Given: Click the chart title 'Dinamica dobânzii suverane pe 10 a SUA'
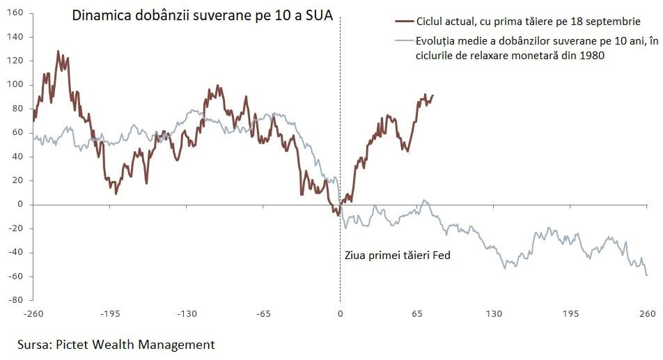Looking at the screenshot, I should pyautogui.click(x=203, y=16).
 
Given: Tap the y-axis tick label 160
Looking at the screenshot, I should pyautogui.click(x=15, y=13).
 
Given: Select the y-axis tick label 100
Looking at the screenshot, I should pyautogui.click(x=15, y=85).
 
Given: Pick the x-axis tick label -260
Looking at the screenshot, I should pyautogui.click(x=33, y=314).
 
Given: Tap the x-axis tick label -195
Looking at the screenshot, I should pyautogui.click(x=110, y=314).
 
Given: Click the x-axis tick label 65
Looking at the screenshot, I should pyautogui.click(x=416, y=314).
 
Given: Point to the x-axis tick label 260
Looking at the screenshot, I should pyautogui.click(x=647, y=314).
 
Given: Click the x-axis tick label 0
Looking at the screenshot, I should pyautogui.click(x=340, y=314).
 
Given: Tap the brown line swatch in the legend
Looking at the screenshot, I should pyautogui.click(x=402, y=22).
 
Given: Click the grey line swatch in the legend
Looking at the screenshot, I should pyautogui.click(x=402, y=41).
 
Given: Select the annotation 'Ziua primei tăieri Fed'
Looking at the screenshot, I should pyautogui.click(x=398, y=256).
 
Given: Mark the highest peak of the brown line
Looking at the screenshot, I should pyautogui.click(x=58, y=51).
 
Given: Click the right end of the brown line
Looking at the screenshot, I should pyautogui.click(x=433, y=95).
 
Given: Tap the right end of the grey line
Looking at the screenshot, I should pyautogui.click(x=648, y=275).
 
